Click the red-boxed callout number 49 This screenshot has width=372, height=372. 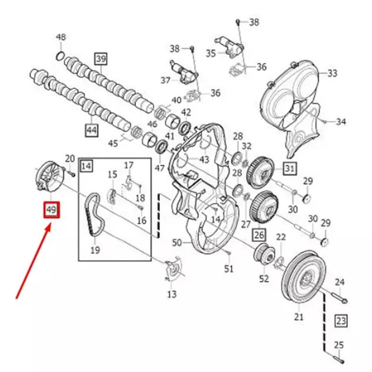[x=51, y=210]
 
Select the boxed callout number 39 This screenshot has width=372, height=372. [x=101, y=59]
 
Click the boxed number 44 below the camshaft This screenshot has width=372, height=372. [x=92, y=130]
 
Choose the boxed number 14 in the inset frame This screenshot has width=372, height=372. [x=87, y=165]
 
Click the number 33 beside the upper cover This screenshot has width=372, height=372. [x=332, y=73]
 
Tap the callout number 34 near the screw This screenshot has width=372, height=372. [x=341, y=122]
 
